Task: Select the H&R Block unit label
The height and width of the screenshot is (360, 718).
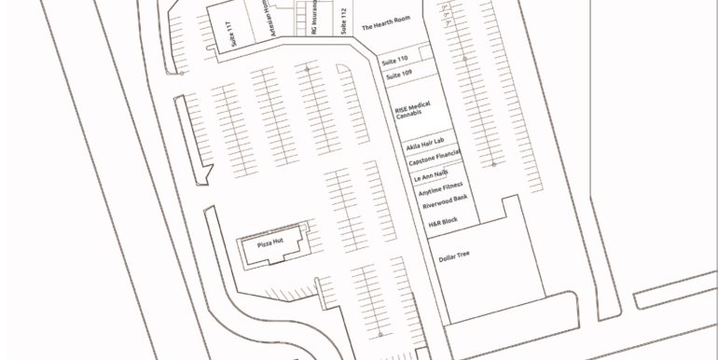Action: (443, 222)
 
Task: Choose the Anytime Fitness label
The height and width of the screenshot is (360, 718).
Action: (440, 187)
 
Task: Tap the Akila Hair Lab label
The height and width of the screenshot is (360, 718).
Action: (424, 146)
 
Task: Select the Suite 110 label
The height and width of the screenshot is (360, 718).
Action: (396, 59)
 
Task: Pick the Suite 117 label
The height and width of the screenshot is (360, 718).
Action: (230, 33)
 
